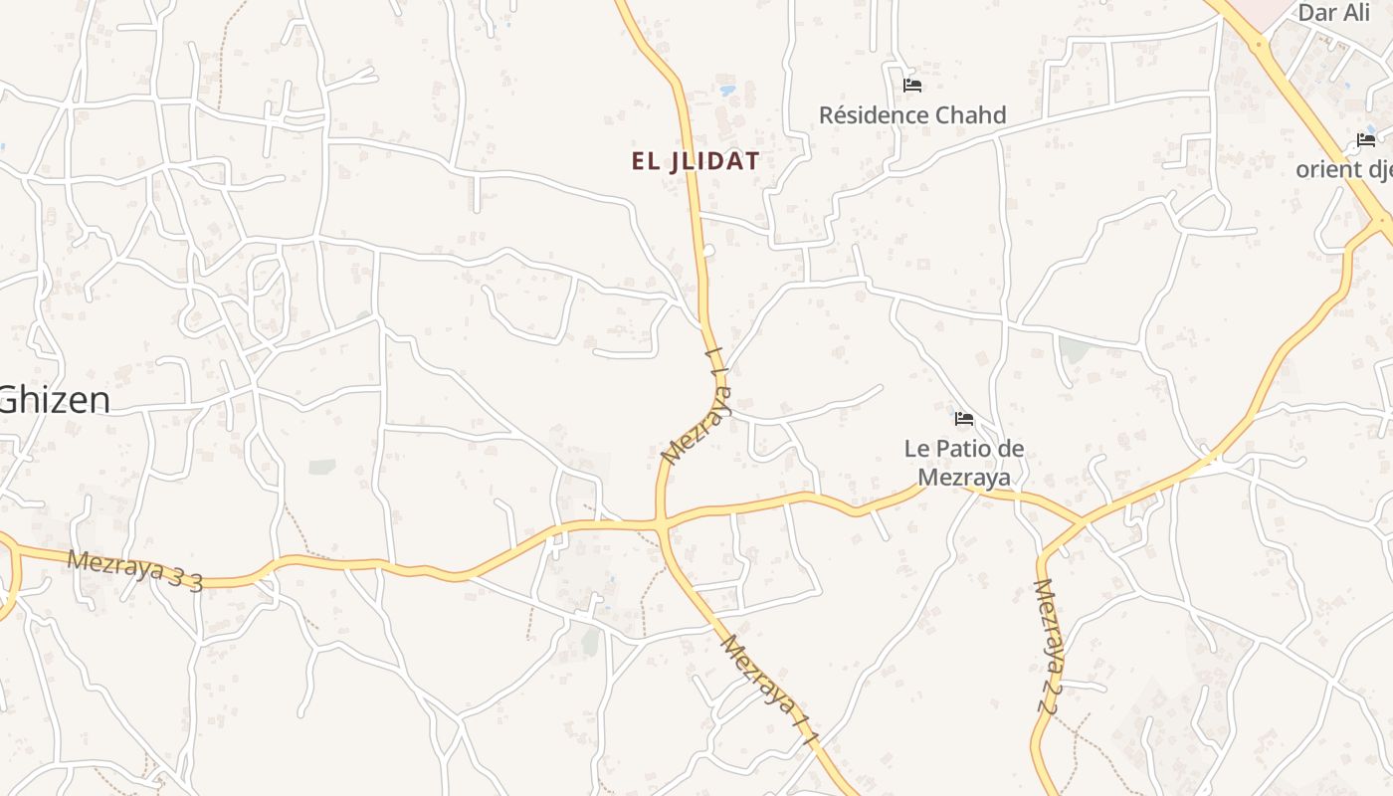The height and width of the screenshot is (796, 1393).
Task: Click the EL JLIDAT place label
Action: tap(696, 161)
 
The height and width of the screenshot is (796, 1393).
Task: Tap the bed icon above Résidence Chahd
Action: tap(911, 86)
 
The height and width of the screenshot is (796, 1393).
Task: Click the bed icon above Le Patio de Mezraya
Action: tap(963, 419)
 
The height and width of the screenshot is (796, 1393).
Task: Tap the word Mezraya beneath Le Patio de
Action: tap(963, 478)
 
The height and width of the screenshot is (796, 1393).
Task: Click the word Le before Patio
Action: tap(916, 449)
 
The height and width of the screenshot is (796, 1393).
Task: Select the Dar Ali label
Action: tap(1334, 13)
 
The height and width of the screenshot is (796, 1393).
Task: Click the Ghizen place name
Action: tap(55, 400)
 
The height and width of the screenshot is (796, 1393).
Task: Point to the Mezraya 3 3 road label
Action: tap(134, 571)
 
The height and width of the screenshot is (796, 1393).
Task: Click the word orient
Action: tap(1328, 169)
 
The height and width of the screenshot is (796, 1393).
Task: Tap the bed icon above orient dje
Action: tap(1365, 140)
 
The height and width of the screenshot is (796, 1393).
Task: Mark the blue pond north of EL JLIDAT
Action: tap(728, 91)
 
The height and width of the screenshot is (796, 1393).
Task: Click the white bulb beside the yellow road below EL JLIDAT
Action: tap(708, 251)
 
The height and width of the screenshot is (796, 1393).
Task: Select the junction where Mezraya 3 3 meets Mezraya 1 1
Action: tap(660, 521)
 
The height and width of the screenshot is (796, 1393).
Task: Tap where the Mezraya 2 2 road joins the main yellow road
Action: tap(1083, 521)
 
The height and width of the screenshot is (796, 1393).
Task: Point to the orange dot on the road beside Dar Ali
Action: tap(1259, 44)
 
